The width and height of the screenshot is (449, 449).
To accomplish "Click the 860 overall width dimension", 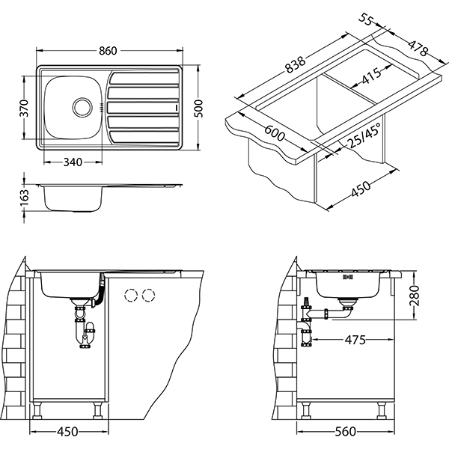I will point(109,51).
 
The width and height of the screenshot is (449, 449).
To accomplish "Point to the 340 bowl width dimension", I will point(72,162).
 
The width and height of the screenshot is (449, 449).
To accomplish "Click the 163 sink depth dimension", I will point(25,197).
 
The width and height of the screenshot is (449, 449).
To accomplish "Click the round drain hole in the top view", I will point(80,107).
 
